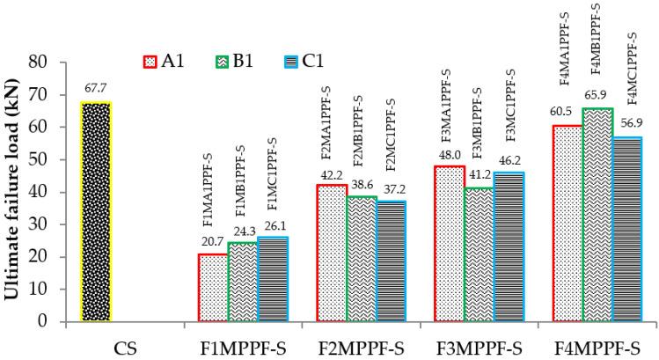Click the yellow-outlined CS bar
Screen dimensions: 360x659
(96, 212)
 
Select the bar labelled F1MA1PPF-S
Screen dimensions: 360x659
(213, 288)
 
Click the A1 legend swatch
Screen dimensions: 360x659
(150, 62)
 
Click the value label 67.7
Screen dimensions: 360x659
(96, 89)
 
